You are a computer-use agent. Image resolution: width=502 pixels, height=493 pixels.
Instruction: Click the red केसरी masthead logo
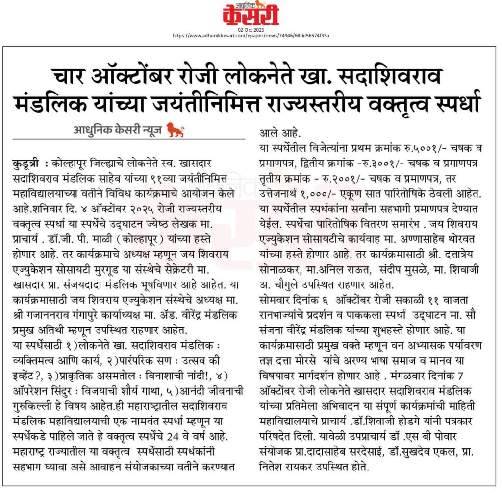tap(251, 14)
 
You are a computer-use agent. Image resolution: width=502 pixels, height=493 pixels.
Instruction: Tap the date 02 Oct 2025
tap(251, 30)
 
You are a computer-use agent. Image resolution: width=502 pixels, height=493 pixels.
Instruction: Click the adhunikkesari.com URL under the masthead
tap(251, 36)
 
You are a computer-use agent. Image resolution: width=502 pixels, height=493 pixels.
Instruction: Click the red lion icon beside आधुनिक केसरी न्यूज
tap(175, 130)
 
